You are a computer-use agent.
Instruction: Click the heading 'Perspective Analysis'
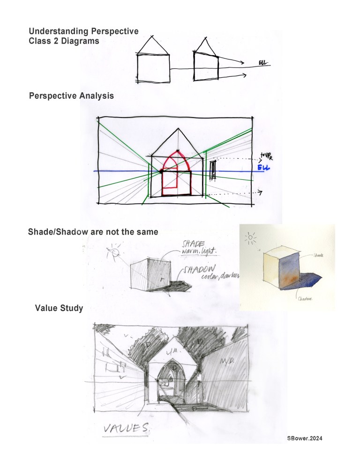point(71,96)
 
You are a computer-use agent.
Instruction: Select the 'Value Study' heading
point(59,308)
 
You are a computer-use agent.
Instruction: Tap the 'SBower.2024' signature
point(305,438)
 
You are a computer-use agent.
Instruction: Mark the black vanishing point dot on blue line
point(161,172)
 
